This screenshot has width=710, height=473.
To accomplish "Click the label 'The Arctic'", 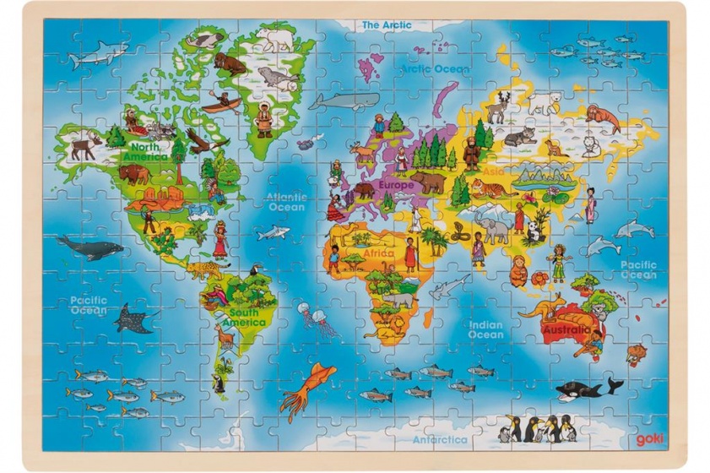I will [x=387, y=25].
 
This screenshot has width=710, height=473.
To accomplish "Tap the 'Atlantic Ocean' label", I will [x=286, y=201].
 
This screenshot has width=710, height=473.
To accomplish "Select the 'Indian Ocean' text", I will [x=485, y=329].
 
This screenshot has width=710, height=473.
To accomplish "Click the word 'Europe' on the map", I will [x=396, y=184].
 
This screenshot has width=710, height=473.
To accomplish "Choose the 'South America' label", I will [x=246, y=317].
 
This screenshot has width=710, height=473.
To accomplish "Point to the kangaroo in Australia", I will [x=539, y=304].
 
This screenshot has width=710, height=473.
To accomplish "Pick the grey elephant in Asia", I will [x=491, y=226].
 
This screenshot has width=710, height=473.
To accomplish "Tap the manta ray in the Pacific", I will [x=136, y=318].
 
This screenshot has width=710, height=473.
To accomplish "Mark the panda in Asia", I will [x=538, y=228].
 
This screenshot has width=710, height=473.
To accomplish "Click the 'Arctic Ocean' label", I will [x=435, y=68].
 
